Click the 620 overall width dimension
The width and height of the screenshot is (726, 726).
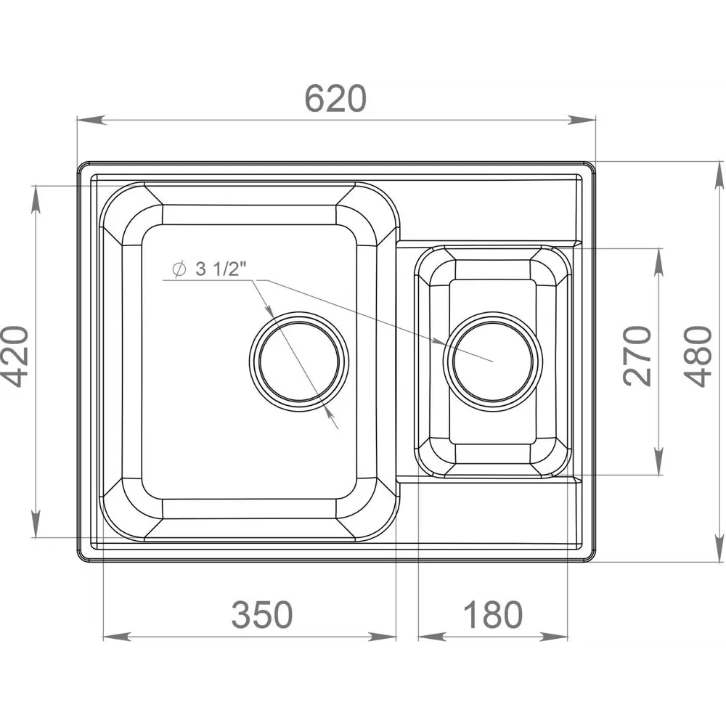(335, 99)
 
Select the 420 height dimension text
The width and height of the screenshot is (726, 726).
(15, 356)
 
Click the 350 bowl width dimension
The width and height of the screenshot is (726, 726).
(262, 615)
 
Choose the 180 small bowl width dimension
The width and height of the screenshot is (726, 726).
(492, 615)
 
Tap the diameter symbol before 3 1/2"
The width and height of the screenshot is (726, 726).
(178, 269)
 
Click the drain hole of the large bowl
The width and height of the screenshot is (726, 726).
(299, 362)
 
